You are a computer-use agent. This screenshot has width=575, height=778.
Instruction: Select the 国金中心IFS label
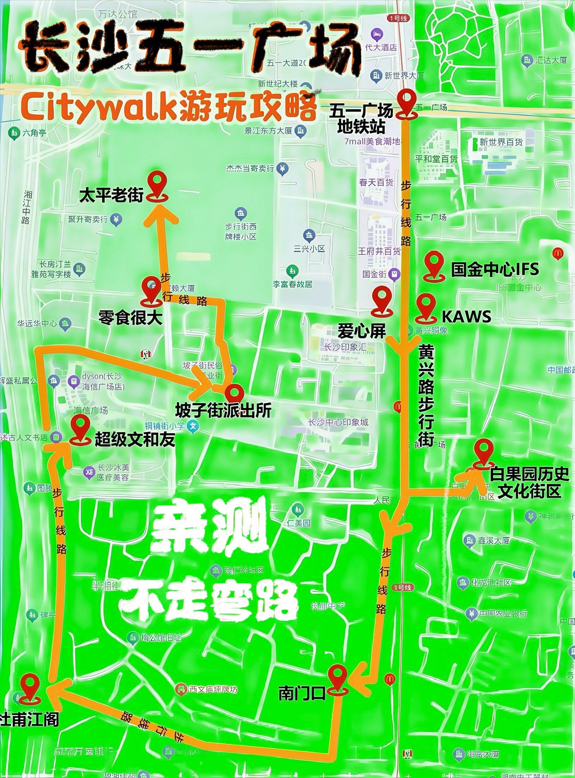coord(495,269)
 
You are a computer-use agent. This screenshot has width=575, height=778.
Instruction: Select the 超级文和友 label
coord(135,440)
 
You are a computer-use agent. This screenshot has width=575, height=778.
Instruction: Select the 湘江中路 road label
coord(26,207)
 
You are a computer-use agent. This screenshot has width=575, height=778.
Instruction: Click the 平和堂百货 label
coord(436,159)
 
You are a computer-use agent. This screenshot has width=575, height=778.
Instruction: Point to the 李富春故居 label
coord(293,284)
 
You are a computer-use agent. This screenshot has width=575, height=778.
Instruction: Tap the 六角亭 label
coord(34,133)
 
